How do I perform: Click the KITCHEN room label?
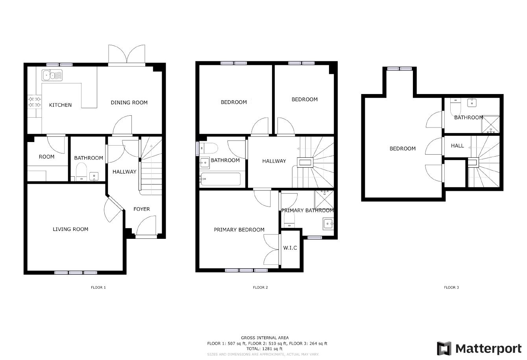[x=60, y=105]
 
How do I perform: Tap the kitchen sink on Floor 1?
[x=52, y=75]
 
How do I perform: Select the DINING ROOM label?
[x=129, y=103]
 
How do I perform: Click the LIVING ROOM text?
[x=70, y=229]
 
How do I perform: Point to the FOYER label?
[x=142, y=209]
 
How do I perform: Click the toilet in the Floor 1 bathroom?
[x=81, y=172]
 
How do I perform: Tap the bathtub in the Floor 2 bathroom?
[x=220, y=179]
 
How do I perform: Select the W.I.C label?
[x=290, y=247]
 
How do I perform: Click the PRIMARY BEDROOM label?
[x=239, y=230]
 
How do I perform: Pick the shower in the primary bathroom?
[x=324, y=199]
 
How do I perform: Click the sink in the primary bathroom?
[x=328, y=224]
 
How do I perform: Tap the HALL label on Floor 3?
[x=457, y=146]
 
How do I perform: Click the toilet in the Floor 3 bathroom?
[x=456, y=107]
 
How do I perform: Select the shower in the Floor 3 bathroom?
[x=490, y=124]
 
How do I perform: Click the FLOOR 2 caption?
[x=260, y=287]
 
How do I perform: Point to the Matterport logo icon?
[x=444, y=348]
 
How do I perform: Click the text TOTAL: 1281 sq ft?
[x=264, y=349]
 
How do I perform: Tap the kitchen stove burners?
[x=35, y=102]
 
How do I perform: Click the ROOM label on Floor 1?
[x=46, y=157]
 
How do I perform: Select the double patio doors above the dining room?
[x=127, y=55]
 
